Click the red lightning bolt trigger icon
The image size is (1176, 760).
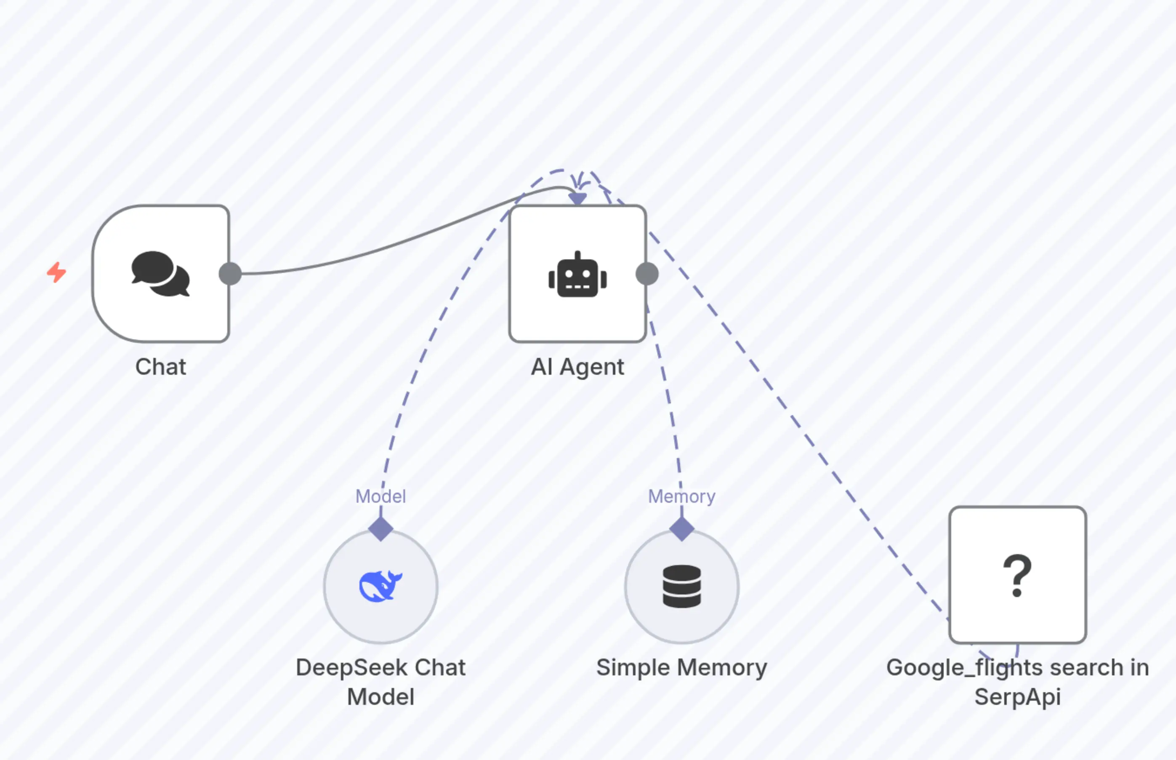click(57, 272)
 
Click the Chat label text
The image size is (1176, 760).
click(161, 367)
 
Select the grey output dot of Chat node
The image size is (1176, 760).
click(230, 273)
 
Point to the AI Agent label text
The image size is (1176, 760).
click(577, 367)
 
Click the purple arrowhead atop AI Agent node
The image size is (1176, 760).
click(577, 198)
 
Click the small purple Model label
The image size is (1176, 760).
click(380, 496)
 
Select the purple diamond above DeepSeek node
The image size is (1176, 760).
click(380, 529)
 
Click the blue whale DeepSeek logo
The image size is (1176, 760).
click(380, 586)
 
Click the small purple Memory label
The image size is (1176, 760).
click(681, 496)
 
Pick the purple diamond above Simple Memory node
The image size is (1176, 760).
click(682, 529)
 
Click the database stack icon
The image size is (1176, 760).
click(682, 586)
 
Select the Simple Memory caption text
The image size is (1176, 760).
click(682, 667)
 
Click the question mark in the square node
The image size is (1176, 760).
click(1017, 575)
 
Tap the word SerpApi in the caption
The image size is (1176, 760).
click(1017, 696)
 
